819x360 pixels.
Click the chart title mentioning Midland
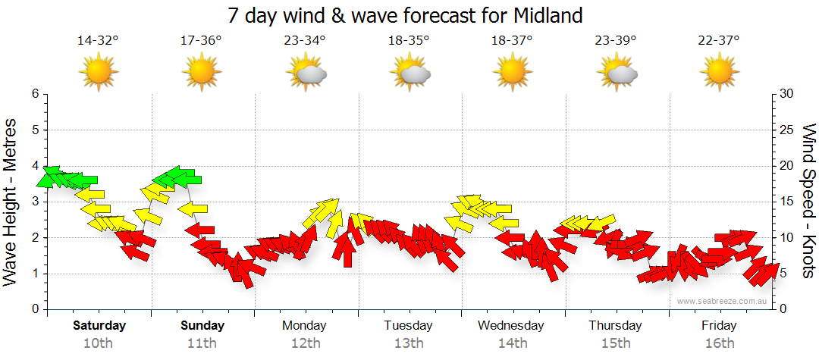[406, 14]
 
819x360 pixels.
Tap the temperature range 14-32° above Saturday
[98, 40]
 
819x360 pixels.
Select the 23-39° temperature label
[615, 40]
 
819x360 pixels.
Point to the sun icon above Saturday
[98, 73]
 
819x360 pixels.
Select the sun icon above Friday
[718, 73]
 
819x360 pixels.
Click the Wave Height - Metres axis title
[11, 202]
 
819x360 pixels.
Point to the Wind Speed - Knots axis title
[808, 202]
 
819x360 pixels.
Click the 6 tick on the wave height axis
[35, 94]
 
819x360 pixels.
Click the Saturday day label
[99, 326]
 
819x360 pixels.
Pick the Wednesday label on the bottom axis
[511, 326]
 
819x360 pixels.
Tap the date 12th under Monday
[305, 343]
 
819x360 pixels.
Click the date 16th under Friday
[719, 343]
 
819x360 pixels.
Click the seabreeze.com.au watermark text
[722, 301]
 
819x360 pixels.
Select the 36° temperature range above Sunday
[201, 40]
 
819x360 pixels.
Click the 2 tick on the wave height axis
[35, 238]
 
